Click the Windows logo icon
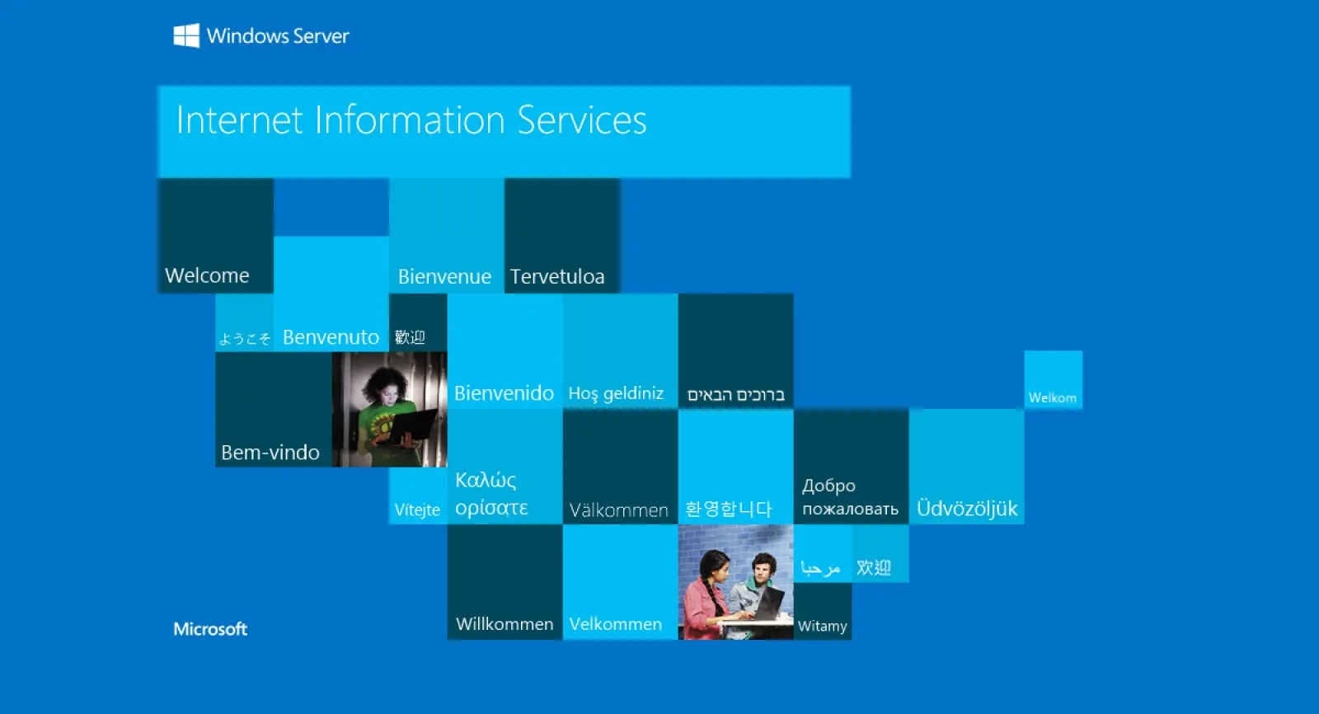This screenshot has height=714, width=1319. click(186, 36)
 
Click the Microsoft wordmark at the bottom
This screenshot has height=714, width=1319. click(210, 629)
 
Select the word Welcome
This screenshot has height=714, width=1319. click(207, 275)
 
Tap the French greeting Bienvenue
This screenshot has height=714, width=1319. click(444, 276)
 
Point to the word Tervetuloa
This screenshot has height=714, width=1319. click(557, 276)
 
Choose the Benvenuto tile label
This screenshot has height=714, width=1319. click(331, 337)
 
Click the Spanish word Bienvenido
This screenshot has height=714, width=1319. click(504, 393)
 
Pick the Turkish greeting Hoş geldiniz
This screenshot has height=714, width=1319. click(616, 393)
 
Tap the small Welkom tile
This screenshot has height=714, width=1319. click(1053, 380)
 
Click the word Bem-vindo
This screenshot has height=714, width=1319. click(270, 453)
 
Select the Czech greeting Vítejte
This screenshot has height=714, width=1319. click(417, 510)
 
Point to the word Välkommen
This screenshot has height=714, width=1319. click(619, 510)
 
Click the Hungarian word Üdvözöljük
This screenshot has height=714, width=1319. click(967, 508)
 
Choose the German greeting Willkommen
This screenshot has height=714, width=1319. click(505, 624)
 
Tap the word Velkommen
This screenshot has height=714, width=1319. click(615, 624)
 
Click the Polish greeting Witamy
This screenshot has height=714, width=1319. click(822, 627)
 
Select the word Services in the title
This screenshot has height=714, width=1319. click(582, 120)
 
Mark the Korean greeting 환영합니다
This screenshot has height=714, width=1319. click(729, 509)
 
